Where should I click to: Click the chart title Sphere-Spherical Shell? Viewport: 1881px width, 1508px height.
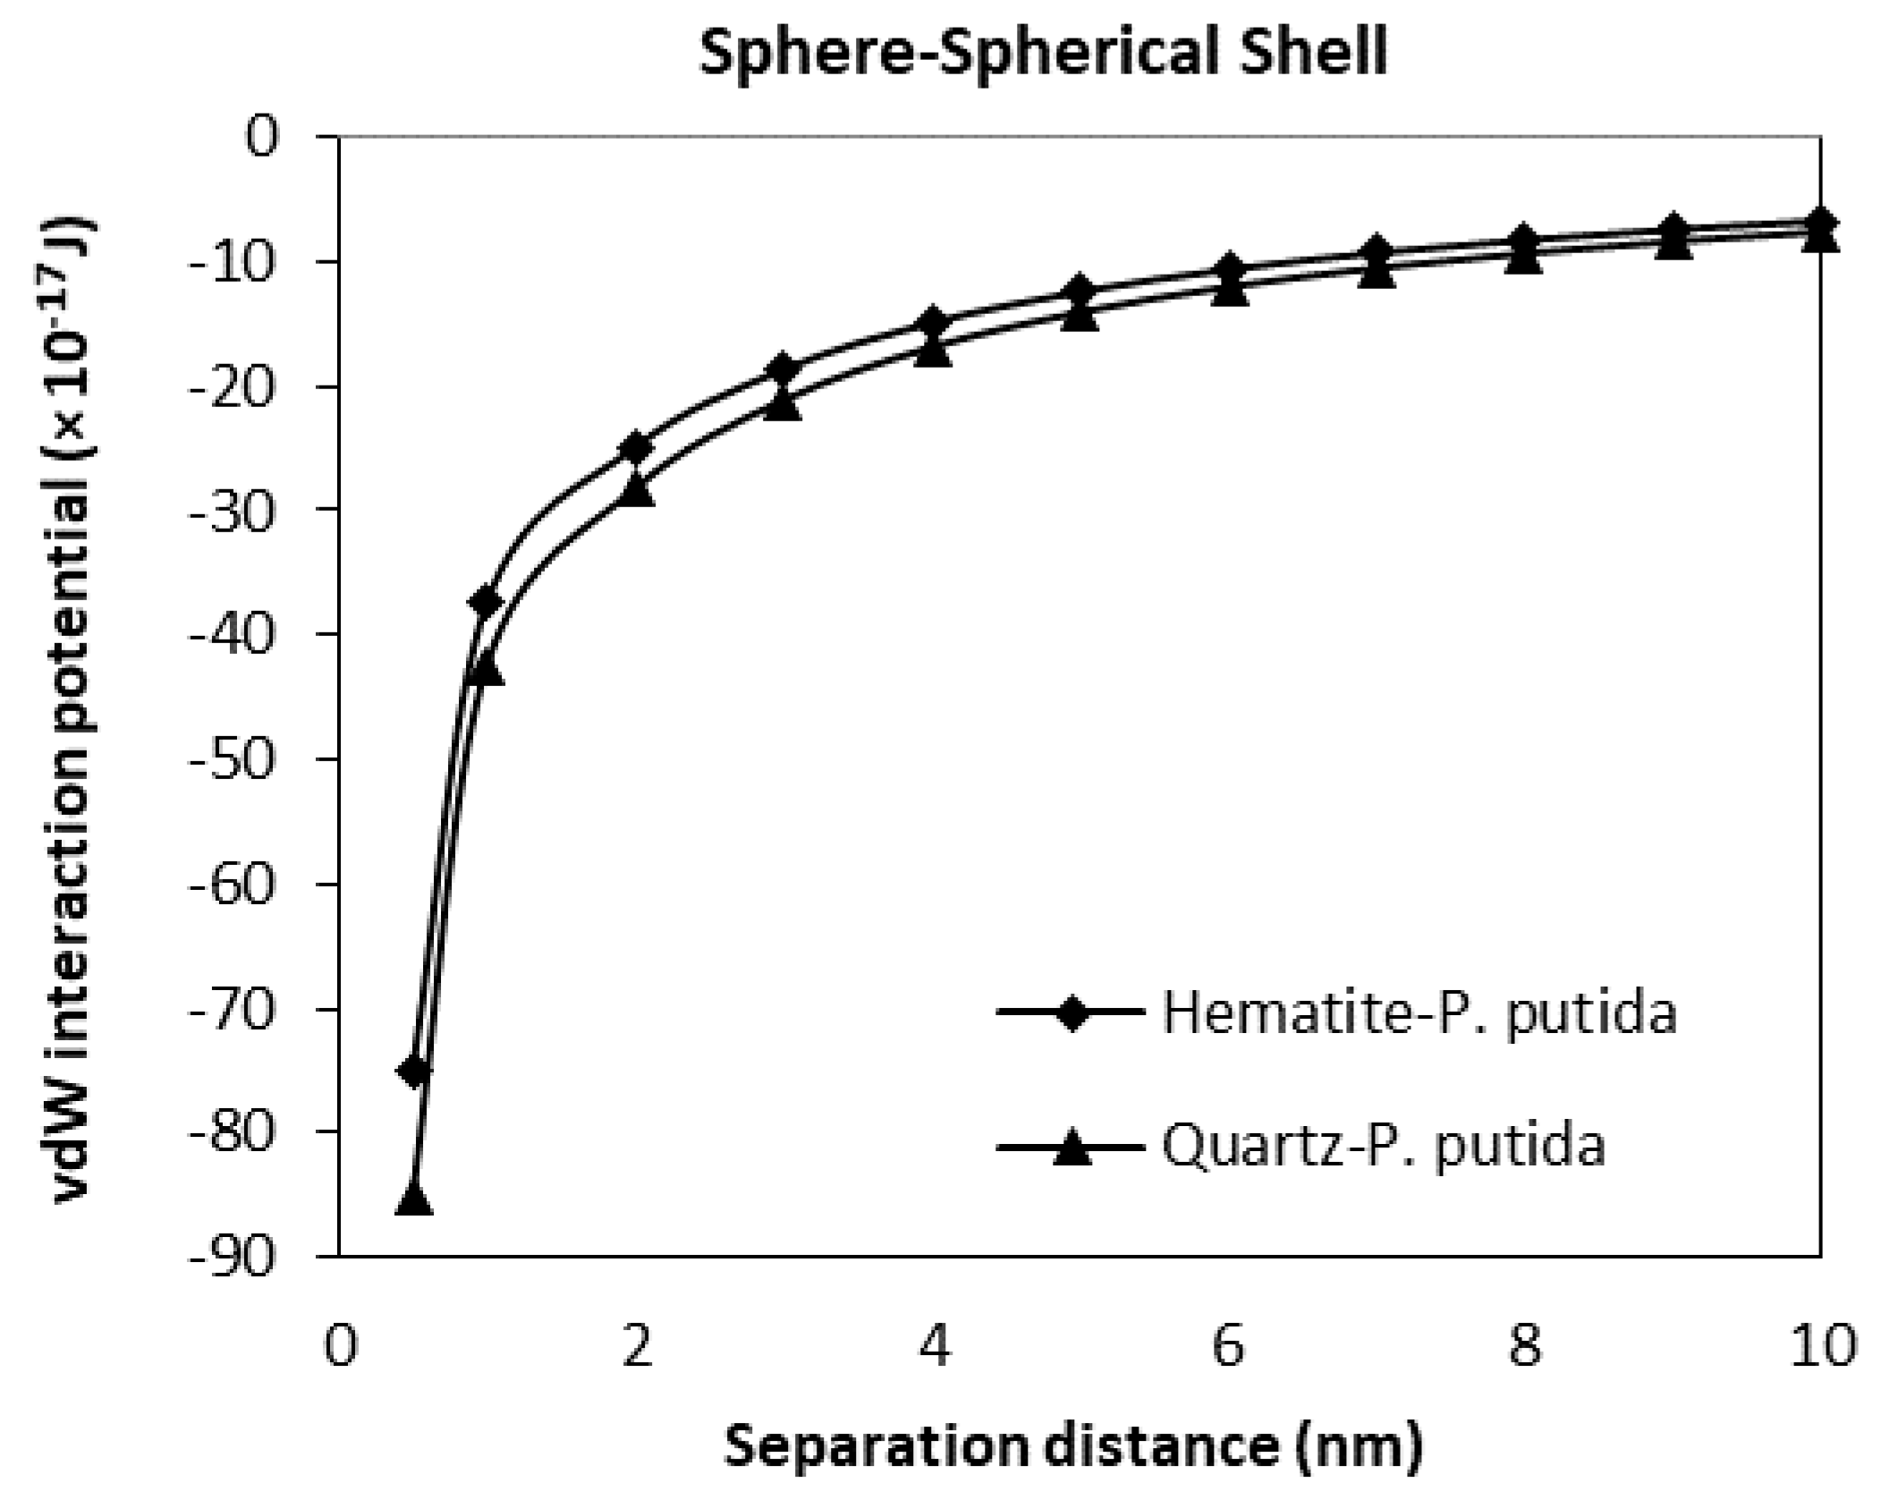[x=1042, y=52]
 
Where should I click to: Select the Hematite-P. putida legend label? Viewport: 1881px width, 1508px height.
[x=1419, y=1013]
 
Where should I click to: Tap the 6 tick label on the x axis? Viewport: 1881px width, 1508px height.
[x=1228, y=1345]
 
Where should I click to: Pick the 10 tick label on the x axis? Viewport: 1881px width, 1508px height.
[x=1821, y=1345]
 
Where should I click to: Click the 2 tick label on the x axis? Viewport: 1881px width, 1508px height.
[x=636, y=1345]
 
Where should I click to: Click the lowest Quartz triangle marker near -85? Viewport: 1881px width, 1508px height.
[x=413, y=1198]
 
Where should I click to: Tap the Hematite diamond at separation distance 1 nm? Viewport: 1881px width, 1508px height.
[x=486, y=600]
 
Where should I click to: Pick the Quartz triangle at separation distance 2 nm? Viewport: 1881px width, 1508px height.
[x=636, y=489]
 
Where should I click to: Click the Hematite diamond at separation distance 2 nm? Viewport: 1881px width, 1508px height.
[x=636, y=446]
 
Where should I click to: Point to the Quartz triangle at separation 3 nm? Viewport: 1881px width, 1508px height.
[x=784, y=404]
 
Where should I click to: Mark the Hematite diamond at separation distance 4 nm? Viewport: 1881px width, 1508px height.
[x=932, y=321]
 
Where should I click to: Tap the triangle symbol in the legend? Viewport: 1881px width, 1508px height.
[x=1071, y=1146]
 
